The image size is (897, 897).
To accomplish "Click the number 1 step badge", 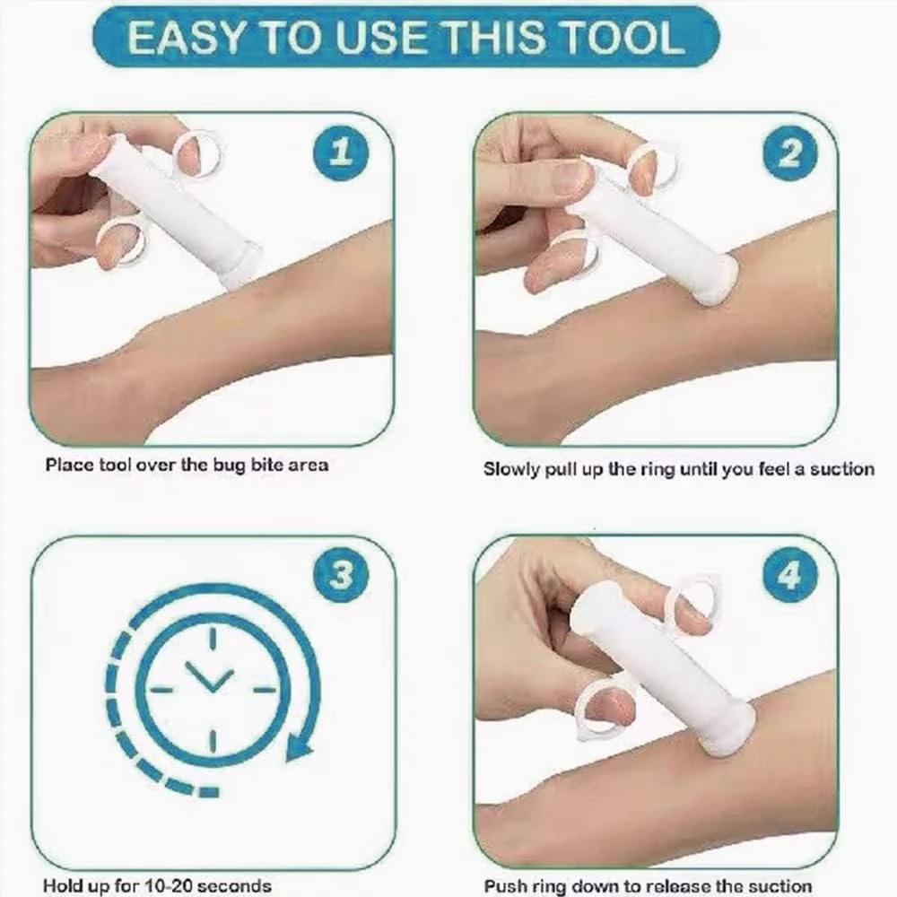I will pos(340,152).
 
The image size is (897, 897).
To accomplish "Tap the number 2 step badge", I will pos(788,153).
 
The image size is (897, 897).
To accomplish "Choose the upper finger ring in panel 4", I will pos(694,598).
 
